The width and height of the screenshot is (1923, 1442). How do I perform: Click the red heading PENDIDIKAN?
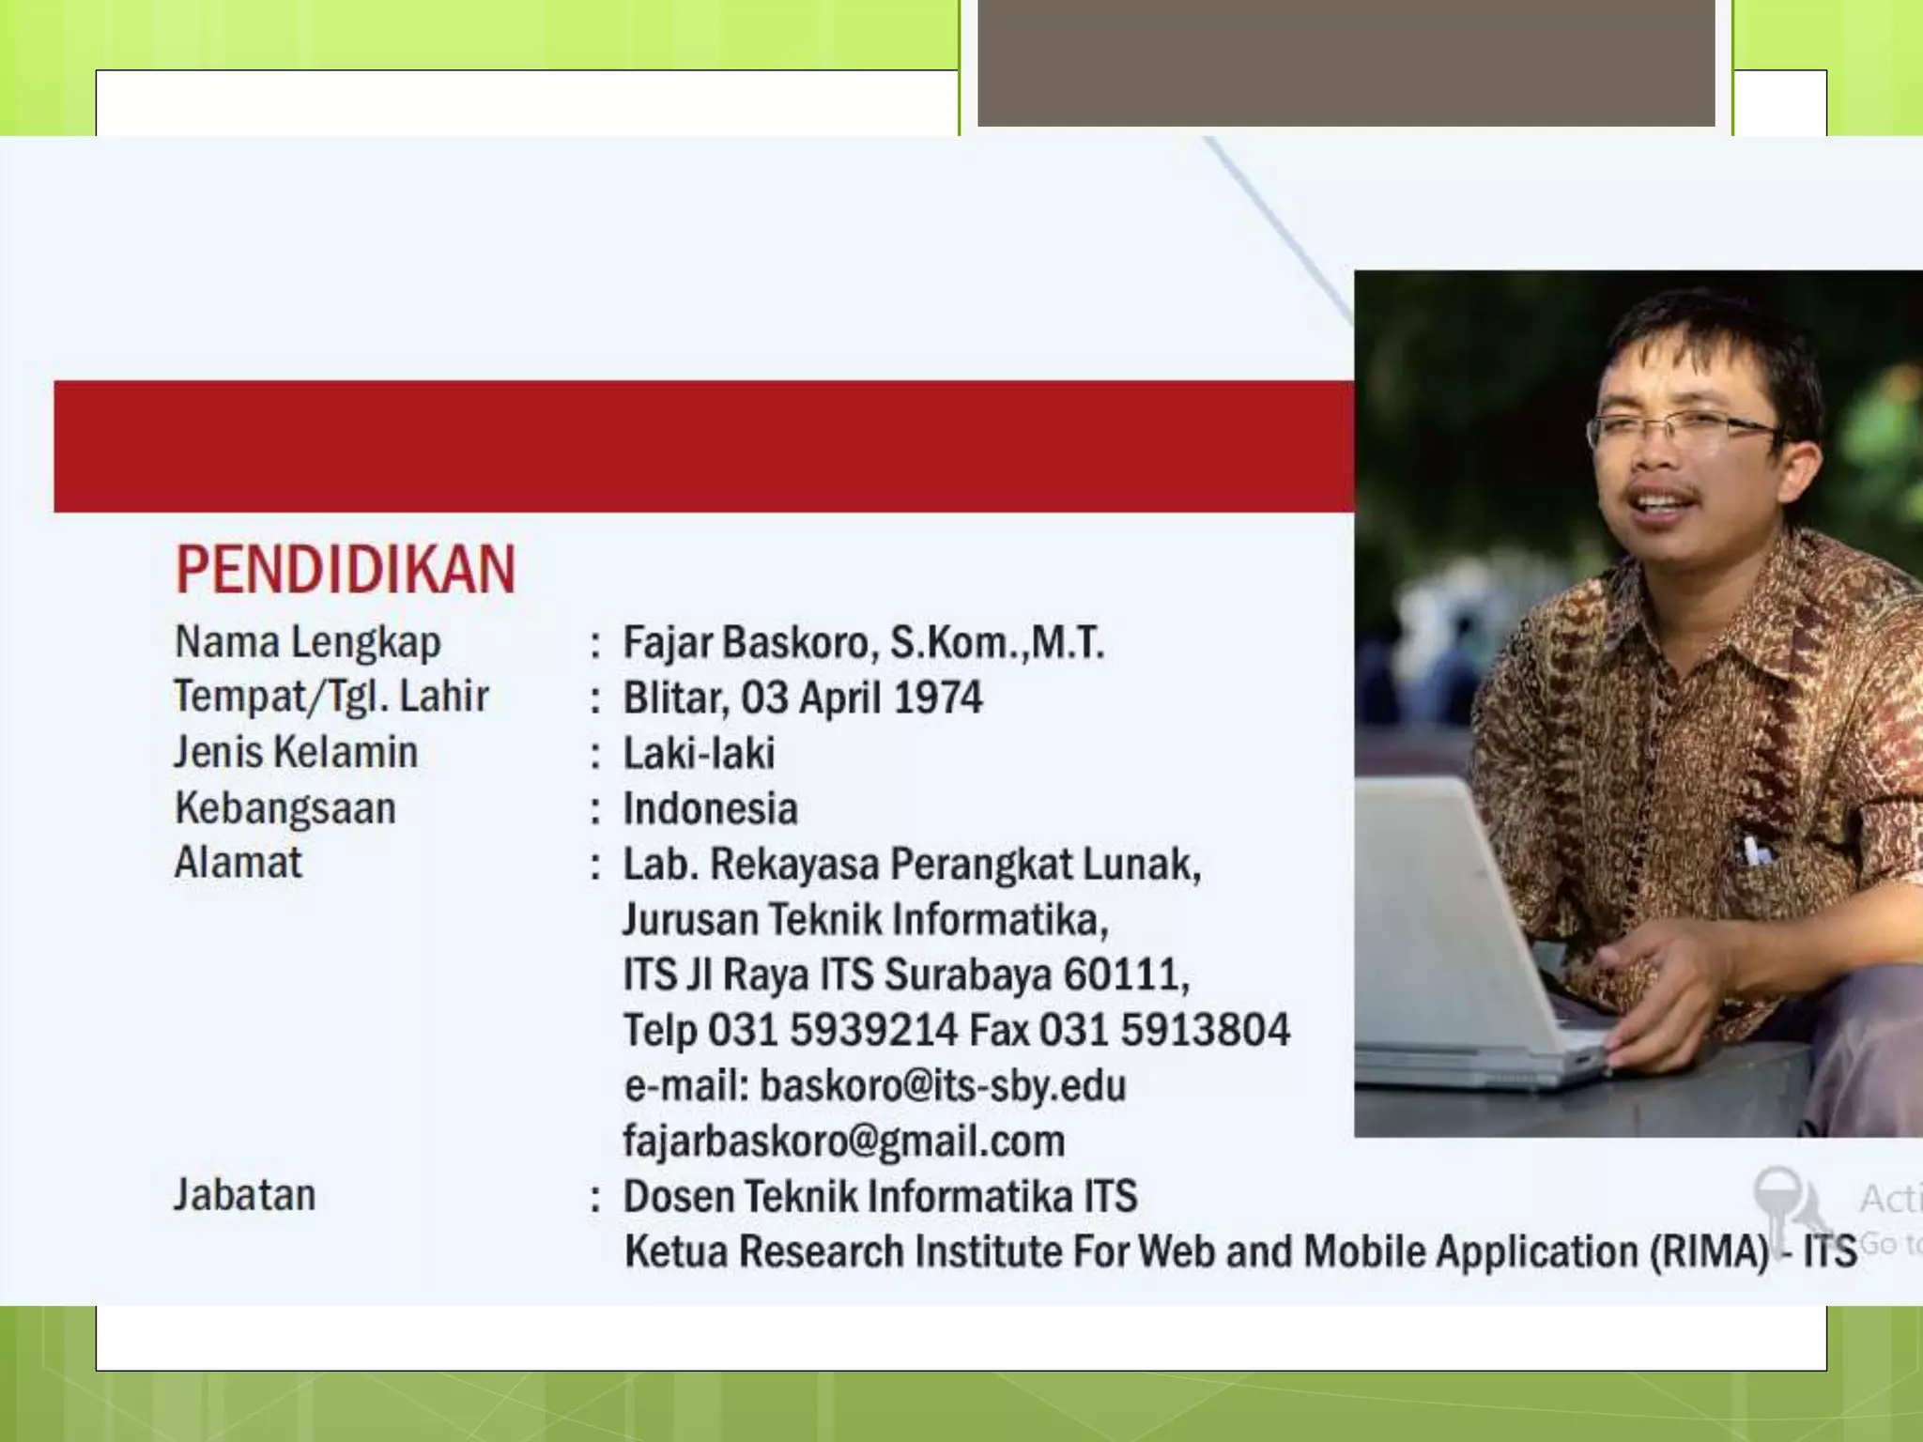[346, 570]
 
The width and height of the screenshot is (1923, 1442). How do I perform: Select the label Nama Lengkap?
[307, 643]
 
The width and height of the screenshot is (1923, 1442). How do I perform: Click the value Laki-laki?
[699, 754]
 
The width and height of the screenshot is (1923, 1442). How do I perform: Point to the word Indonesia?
[710, 809]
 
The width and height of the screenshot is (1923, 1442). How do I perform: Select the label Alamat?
[238, 863]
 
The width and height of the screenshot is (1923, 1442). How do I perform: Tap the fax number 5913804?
[1205, 1030]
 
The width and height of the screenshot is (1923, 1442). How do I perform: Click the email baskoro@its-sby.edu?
[942, 1086]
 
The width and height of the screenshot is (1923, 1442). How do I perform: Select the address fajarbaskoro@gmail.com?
[843, 1142]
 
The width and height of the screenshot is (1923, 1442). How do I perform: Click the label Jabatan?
[244, 1196]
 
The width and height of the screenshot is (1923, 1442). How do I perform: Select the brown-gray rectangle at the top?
[1346, 62]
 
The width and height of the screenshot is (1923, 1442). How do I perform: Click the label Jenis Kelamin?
[296, 753]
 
